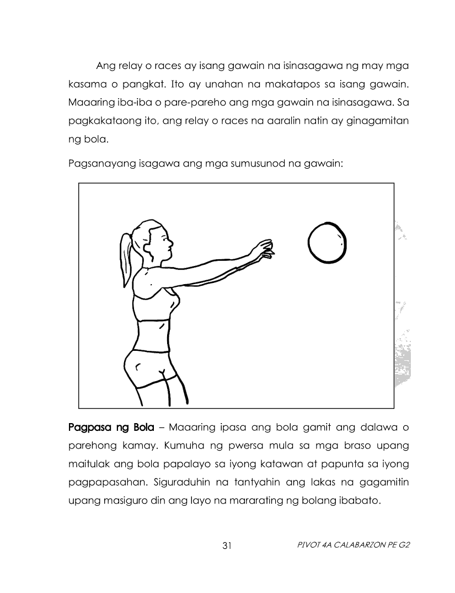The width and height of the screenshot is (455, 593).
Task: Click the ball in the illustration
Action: pyautogui.click(x=327, y=243)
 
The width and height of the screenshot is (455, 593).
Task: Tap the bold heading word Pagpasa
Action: pyautogui.click(x=88, y=427)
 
